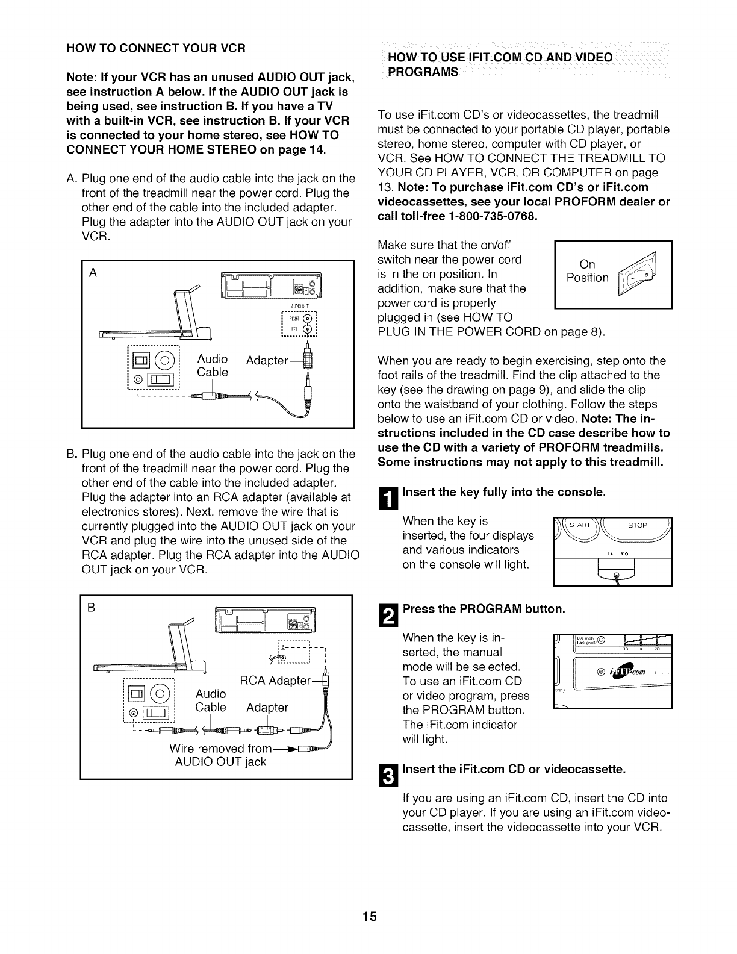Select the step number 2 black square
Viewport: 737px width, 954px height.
point(389,616)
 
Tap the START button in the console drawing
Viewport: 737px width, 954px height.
point(582,525)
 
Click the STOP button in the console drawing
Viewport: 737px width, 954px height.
point(637,525)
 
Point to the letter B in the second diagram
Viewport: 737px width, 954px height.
point(92,608)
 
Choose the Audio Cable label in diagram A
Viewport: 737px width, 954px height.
point(213,366)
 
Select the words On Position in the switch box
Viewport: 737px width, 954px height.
point(587,271)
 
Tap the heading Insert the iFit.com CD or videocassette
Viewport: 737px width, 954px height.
point(514,770)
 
